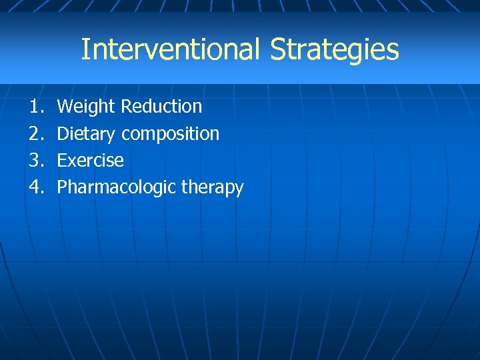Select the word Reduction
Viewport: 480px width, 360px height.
pos(161,107)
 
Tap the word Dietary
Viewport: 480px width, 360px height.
pos(87,134)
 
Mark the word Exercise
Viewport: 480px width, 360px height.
pos(91,161)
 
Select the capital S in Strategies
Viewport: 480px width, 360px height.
pos(278,49)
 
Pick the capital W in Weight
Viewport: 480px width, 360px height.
pos(65,107)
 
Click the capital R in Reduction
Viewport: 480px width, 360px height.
pos(126,107)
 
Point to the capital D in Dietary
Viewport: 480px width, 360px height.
pos(62,133)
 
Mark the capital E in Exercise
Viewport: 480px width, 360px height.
pos(61,161)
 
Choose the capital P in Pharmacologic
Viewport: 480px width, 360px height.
pos(61,187)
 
